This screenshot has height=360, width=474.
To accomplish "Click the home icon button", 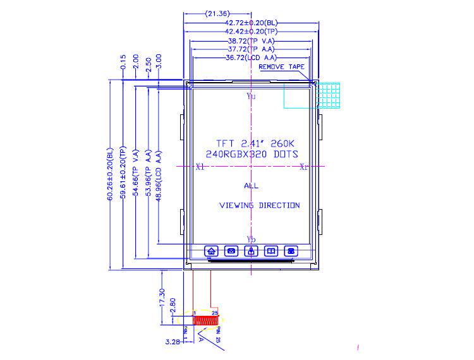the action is [x=211, y=251].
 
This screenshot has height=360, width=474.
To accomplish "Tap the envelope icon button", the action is [x=231, y=251].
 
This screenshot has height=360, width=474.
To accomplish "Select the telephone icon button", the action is [x=291, y=251].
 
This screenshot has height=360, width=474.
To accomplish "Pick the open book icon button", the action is [x=271, y=251].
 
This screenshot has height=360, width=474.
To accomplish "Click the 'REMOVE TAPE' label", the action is [x=282, y=66].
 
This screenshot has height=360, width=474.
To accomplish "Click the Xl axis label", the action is [x=200, y=167].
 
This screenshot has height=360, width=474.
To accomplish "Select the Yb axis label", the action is [x=252, y=239].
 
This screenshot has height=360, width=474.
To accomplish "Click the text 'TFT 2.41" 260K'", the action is [x=252, y=143].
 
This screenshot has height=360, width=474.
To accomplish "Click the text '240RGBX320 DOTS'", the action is [x=252, y=154].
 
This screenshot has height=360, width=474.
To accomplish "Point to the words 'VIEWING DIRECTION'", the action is [x=259, y=205].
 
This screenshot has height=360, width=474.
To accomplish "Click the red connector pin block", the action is [x=206, y=320].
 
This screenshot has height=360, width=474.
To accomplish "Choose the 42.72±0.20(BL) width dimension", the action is [x=252, y=22].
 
